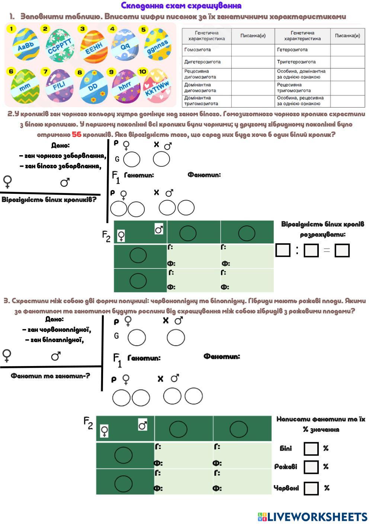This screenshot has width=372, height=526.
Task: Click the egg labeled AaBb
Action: (x=26, y=44)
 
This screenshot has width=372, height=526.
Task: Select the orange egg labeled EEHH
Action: (x=94, y=47)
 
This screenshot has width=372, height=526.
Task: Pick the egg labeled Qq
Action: (x=124, y=45)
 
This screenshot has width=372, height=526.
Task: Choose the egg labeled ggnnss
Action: (x=158, y=44)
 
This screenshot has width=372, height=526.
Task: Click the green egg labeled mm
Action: (x=25, y=86)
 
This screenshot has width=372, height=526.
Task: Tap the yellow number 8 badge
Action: (x=80, y=72)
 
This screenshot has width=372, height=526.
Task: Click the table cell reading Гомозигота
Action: (x=207, y=50)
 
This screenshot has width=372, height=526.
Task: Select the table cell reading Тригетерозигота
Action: (x=302, y=62)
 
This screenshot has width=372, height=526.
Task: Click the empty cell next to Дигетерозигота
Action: (x=253, y=62)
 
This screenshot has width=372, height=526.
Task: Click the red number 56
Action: (x=77, y=134)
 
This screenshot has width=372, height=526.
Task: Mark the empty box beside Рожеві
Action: (x=311, y=467)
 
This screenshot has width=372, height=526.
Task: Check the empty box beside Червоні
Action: (x=311, y=488)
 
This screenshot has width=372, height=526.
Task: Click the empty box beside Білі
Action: (x=311, y=449)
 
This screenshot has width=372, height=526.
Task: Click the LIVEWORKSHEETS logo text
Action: (x=313, y=517)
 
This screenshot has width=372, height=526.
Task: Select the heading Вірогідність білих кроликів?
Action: (x=49, y=200)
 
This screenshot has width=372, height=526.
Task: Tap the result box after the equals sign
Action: (x=342, y=250)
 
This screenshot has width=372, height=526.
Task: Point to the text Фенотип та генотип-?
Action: (x=50, y=376)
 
